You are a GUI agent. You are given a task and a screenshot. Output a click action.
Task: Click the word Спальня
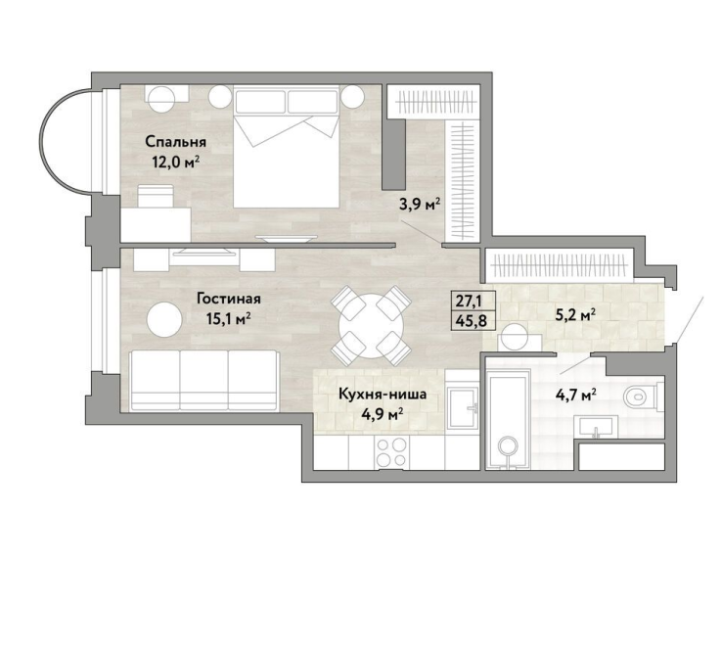(x=176, y=142)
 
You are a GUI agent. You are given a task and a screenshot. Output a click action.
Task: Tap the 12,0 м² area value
(x=176, y=162)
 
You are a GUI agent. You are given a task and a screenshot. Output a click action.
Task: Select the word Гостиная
(x=229, y=299)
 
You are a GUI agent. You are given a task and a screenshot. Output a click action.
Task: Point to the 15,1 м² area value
(x=229, y=318)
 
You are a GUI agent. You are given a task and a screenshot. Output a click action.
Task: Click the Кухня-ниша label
(x=383, y=394)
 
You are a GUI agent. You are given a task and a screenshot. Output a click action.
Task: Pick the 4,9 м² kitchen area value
(x=383, y=414)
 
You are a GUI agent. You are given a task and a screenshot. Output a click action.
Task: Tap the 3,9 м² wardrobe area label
(x=421, y=205)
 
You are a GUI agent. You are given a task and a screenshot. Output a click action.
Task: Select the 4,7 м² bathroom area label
(x=575, y=395)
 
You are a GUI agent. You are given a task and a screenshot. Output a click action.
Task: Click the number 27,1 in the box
(x=469, y=301)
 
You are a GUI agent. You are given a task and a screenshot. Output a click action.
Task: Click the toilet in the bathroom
(x=644, y=396)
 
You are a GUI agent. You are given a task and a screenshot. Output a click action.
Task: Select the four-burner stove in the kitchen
(x=391, y=452)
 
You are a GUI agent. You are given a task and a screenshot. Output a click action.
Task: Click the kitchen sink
(x=464, y=407)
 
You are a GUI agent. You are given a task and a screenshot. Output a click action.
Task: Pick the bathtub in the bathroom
(x=509, y=423)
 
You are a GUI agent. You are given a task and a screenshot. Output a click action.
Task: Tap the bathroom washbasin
(x=596, y=426)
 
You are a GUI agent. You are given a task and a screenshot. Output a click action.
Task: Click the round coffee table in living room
(x=164, y=319)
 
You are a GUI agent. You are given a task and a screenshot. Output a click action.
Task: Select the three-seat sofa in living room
(x=204, y=380)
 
